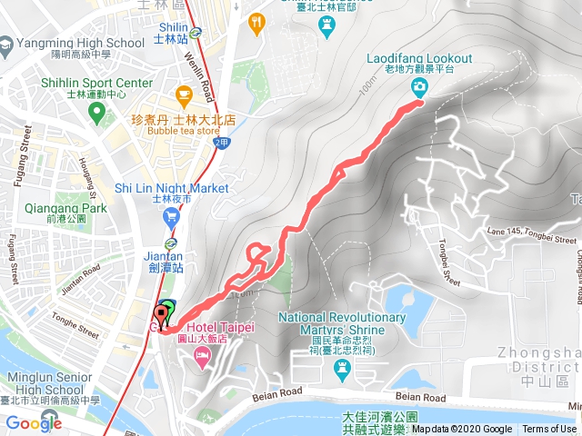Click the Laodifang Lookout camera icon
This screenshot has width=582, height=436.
click(419, 87)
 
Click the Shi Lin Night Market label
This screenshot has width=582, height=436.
click(171, 188)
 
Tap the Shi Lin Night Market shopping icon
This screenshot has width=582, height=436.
click(171, 217)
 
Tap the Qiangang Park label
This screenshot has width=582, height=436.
click(70, 208)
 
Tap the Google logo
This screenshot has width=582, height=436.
click(34, 422)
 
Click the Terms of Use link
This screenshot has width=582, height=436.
click(548, 430)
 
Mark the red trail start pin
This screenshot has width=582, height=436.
click(164, 316)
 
